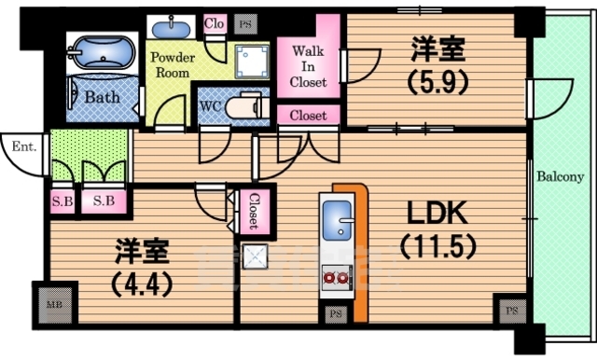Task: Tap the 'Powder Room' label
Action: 174,63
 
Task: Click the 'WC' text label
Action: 210,105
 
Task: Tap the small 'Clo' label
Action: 214,22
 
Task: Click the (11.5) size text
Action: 437,248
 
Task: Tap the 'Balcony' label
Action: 560,176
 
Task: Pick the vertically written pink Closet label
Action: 252,211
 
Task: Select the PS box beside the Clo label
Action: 244,22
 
